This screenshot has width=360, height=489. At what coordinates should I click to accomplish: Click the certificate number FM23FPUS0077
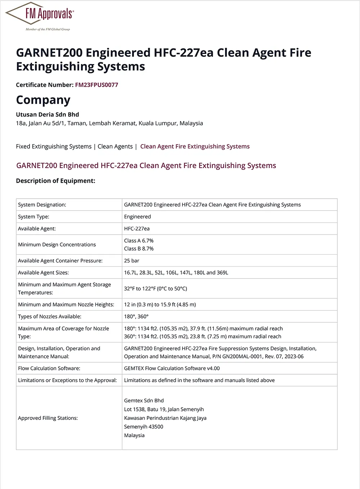(96, 85)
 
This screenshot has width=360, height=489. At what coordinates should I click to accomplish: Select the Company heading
(43, 100)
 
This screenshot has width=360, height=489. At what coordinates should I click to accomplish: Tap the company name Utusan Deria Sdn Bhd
(48, 114)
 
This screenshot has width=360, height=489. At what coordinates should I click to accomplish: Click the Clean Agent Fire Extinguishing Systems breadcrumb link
(195, 146)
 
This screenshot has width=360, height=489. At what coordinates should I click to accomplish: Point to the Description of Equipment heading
(55, 181)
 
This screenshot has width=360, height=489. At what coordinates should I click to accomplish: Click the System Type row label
(34, 217)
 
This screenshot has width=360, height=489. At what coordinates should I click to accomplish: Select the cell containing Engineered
(138, 217)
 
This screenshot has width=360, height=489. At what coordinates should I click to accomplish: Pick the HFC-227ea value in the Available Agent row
(137, 228)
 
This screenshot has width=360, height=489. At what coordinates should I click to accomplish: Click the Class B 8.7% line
(139, 249)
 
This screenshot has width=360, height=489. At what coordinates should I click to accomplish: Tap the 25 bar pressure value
(132, 261)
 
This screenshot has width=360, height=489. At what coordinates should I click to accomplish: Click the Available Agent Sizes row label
(44, 272)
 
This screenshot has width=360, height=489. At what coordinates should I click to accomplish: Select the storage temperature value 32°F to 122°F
(156, 289)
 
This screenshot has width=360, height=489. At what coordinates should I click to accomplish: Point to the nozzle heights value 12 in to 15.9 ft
(160, 304)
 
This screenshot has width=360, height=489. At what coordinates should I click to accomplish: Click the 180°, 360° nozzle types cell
(136, 317)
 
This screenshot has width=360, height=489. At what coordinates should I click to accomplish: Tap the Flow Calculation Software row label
(49, 368)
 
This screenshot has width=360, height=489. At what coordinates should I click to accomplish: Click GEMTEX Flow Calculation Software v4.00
(172, 368)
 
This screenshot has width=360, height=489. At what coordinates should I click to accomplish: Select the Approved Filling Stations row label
(48, 418)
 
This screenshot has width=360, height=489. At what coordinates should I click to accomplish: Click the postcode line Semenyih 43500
(144, 427)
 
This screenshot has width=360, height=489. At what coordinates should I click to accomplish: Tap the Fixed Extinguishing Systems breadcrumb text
(54, 146)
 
